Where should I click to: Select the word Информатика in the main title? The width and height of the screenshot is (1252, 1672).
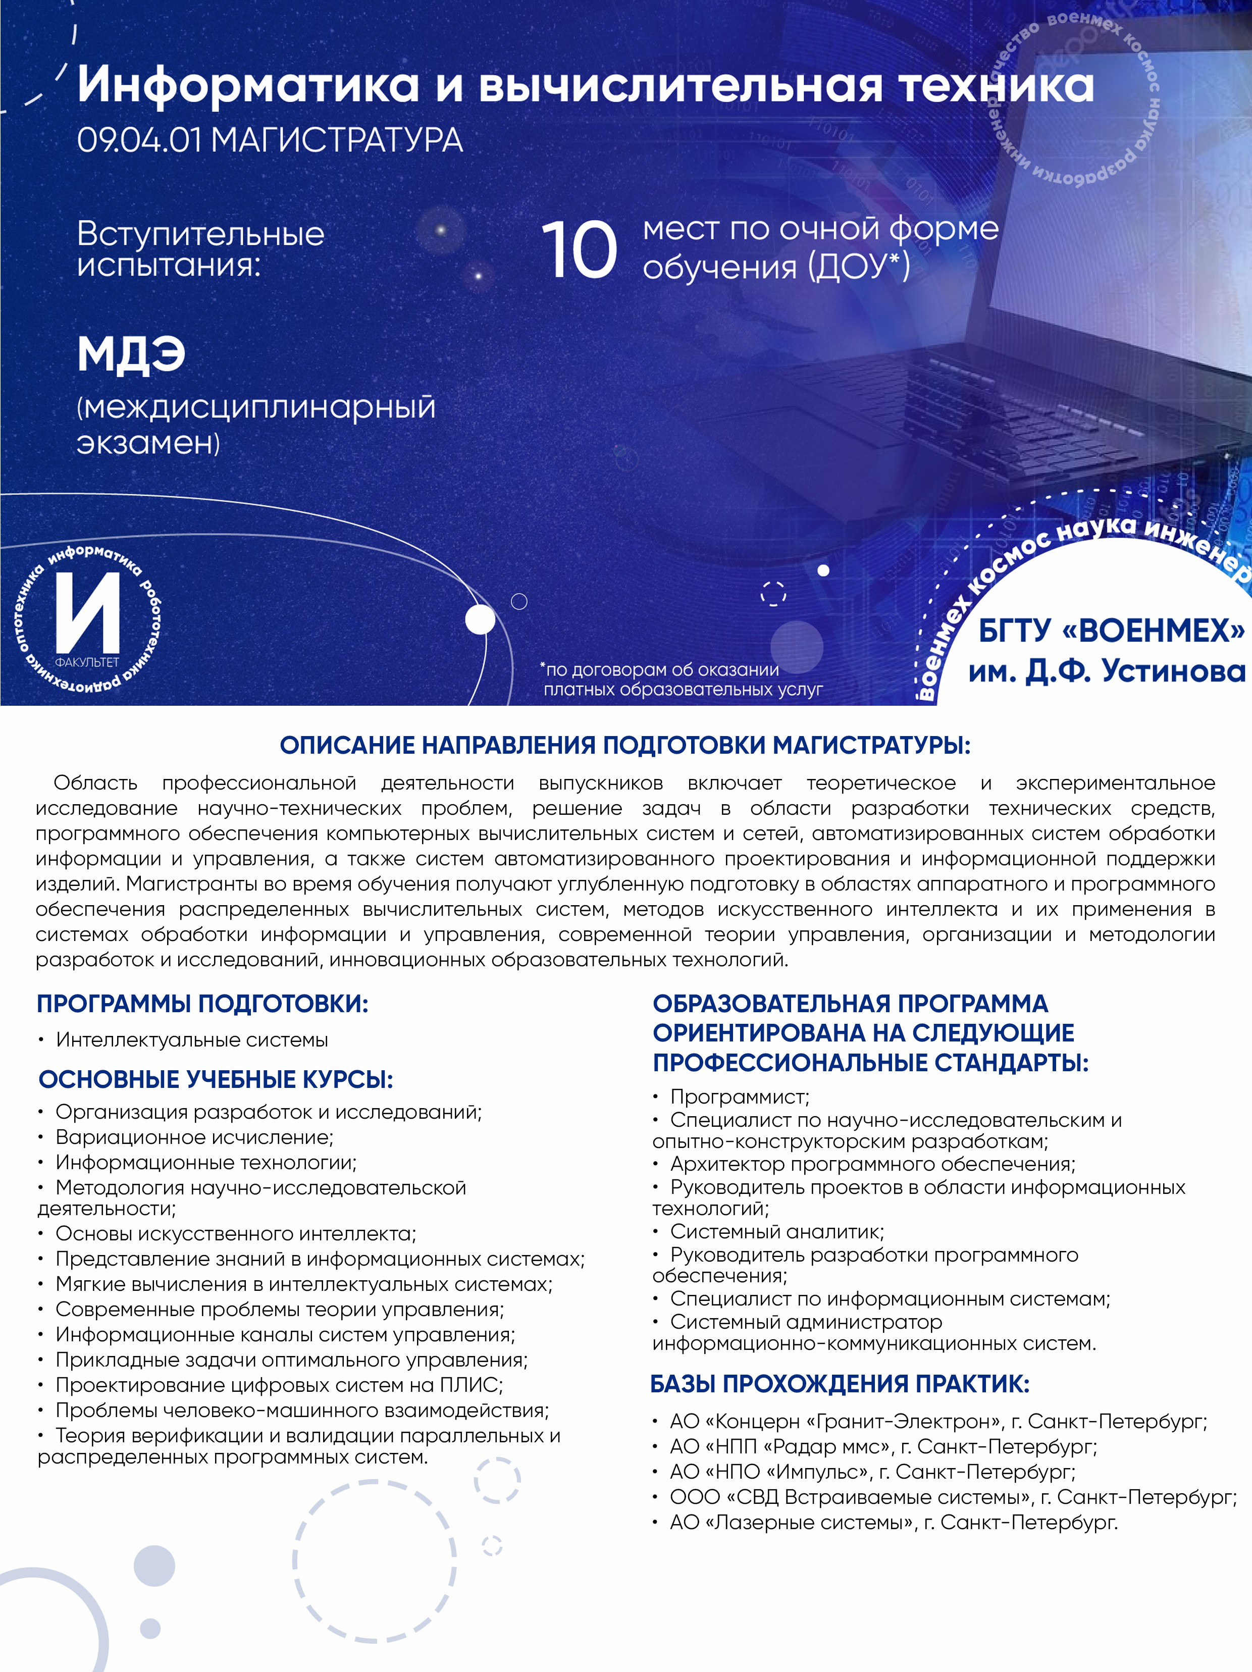click(248, 85)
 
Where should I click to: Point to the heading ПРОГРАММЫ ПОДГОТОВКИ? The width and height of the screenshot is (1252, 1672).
click(202, 1004)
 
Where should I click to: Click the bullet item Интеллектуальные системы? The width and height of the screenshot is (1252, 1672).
click(191, 1040)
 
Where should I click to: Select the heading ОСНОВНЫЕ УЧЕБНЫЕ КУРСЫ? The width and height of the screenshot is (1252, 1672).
click(216, 1079)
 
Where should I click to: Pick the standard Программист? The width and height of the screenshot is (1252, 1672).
click(739, 1096)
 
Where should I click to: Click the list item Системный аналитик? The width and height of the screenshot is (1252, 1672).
click(776, 1231)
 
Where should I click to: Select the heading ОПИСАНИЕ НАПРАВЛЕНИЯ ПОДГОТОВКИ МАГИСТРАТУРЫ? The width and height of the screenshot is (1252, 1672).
click(625, 745)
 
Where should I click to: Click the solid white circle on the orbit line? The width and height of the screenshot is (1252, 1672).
click(479, 620)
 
